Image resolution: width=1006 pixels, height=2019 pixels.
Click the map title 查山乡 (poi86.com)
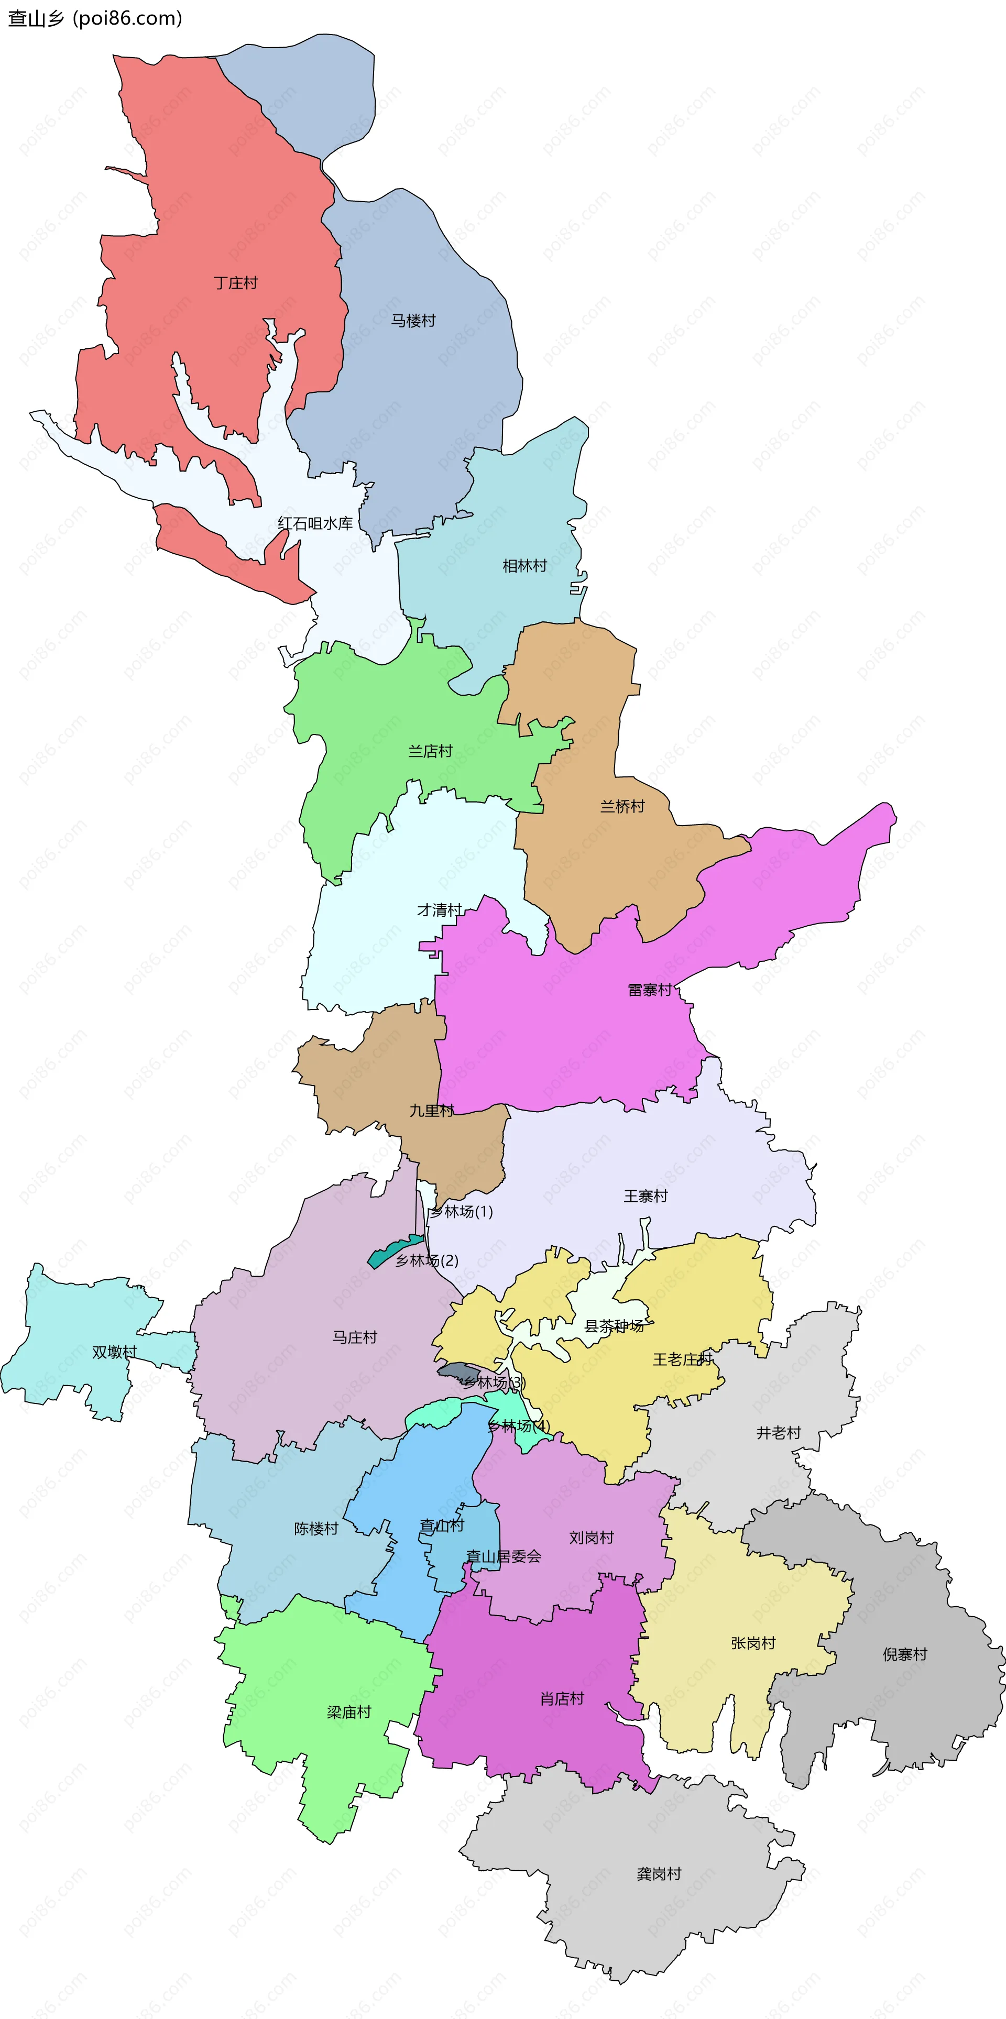[x=95, y=18]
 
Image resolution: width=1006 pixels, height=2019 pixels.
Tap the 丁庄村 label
[x=235, y=283]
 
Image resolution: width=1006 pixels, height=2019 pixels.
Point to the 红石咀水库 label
[x=315, y=523]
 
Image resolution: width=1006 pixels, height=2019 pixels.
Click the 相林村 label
[x=524, y=565]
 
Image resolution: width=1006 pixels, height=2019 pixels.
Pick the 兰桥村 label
[x=622, y=806]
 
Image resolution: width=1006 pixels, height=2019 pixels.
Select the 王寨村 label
[x=646, y=1196]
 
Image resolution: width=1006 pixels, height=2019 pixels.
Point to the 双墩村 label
[x=114, y=1352]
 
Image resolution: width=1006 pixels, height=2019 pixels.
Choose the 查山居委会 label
[x=504, y=1556]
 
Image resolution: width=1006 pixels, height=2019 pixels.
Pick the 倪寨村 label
[x=905, y=1654]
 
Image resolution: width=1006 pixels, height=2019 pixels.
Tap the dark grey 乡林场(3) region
[x=453, y=1370]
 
